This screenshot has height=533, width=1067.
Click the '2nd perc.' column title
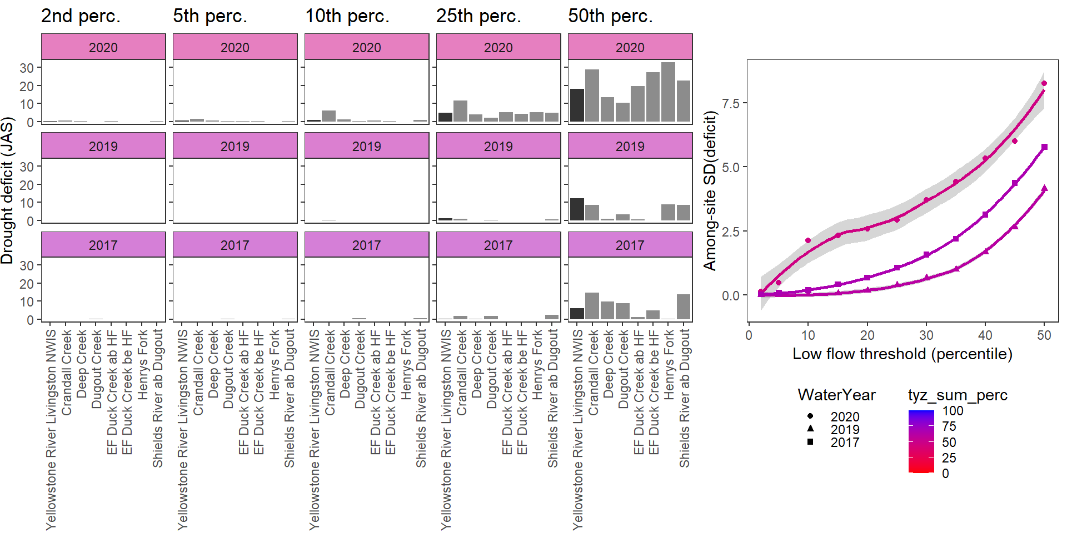click(x=81, y=16)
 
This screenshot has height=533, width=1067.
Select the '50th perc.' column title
click(x=610, y=16)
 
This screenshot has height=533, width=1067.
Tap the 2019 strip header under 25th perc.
click(x=498, y=146)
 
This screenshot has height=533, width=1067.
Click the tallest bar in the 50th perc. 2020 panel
click(x=668, y=92)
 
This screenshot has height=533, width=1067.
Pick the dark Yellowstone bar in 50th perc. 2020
click(x=577, y=105)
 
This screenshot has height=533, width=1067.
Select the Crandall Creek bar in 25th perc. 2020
click(x=460, y=111)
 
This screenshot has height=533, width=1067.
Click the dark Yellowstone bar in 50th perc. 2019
click(x=577, y=209)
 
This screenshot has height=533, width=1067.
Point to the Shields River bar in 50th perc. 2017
click(x=684, y=307)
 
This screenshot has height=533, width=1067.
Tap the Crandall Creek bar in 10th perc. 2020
click(x=329, y=116)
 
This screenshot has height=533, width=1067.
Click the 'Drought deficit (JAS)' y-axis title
click(x=7, y=190)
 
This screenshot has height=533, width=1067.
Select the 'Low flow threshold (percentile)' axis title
click(x=902, y=354)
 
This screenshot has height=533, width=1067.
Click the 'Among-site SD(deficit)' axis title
click(x=710, y=190)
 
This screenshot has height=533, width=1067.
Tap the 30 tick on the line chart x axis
click(x=926, y=335)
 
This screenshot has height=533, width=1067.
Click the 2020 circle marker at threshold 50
click(x=1044, y=83)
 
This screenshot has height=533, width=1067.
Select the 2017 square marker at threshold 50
click(x=1044, y=147)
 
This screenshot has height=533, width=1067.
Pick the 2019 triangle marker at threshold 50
click(x=1044, y=189)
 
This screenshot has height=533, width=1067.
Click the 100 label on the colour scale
click(x=953, y=411)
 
